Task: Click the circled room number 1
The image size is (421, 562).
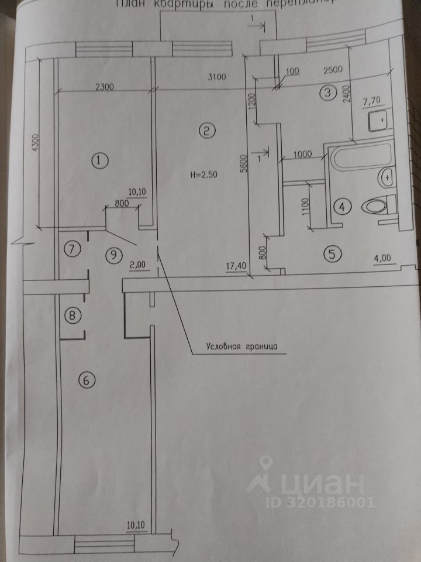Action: [x=100, y=159]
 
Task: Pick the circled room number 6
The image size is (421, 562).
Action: [x=86, y=381]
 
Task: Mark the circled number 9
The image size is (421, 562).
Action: [x=115, y=255]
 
